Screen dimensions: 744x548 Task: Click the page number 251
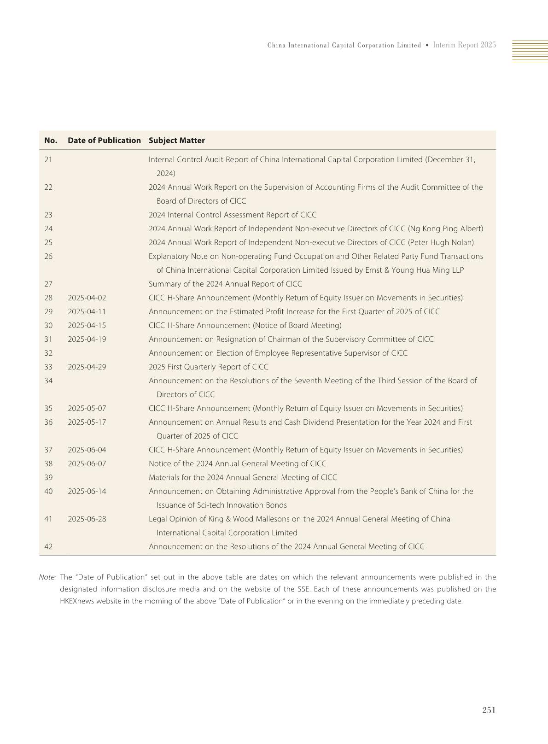(489, 710)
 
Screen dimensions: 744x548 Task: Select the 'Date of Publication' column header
(104, 141)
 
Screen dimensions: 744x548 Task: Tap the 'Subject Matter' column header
(176, 141)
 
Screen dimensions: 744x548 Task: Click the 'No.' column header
(51, 141)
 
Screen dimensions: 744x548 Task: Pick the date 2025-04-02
(87, 298)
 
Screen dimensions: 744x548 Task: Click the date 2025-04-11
(87, 312)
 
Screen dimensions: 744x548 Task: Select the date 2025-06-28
(87, 519)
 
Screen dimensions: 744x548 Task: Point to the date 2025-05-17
(87, 422)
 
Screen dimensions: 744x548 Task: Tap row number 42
(48, 547)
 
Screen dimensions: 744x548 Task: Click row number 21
(48, 160)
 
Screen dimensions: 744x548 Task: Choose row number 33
(48, 367)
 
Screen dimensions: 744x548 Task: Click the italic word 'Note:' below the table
(47, 577)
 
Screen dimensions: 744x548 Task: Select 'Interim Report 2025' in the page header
(464, 45)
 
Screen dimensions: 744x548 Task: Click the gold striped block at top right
(530, 51)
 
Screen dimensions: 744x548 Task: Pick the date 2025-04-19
(87, 340)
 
